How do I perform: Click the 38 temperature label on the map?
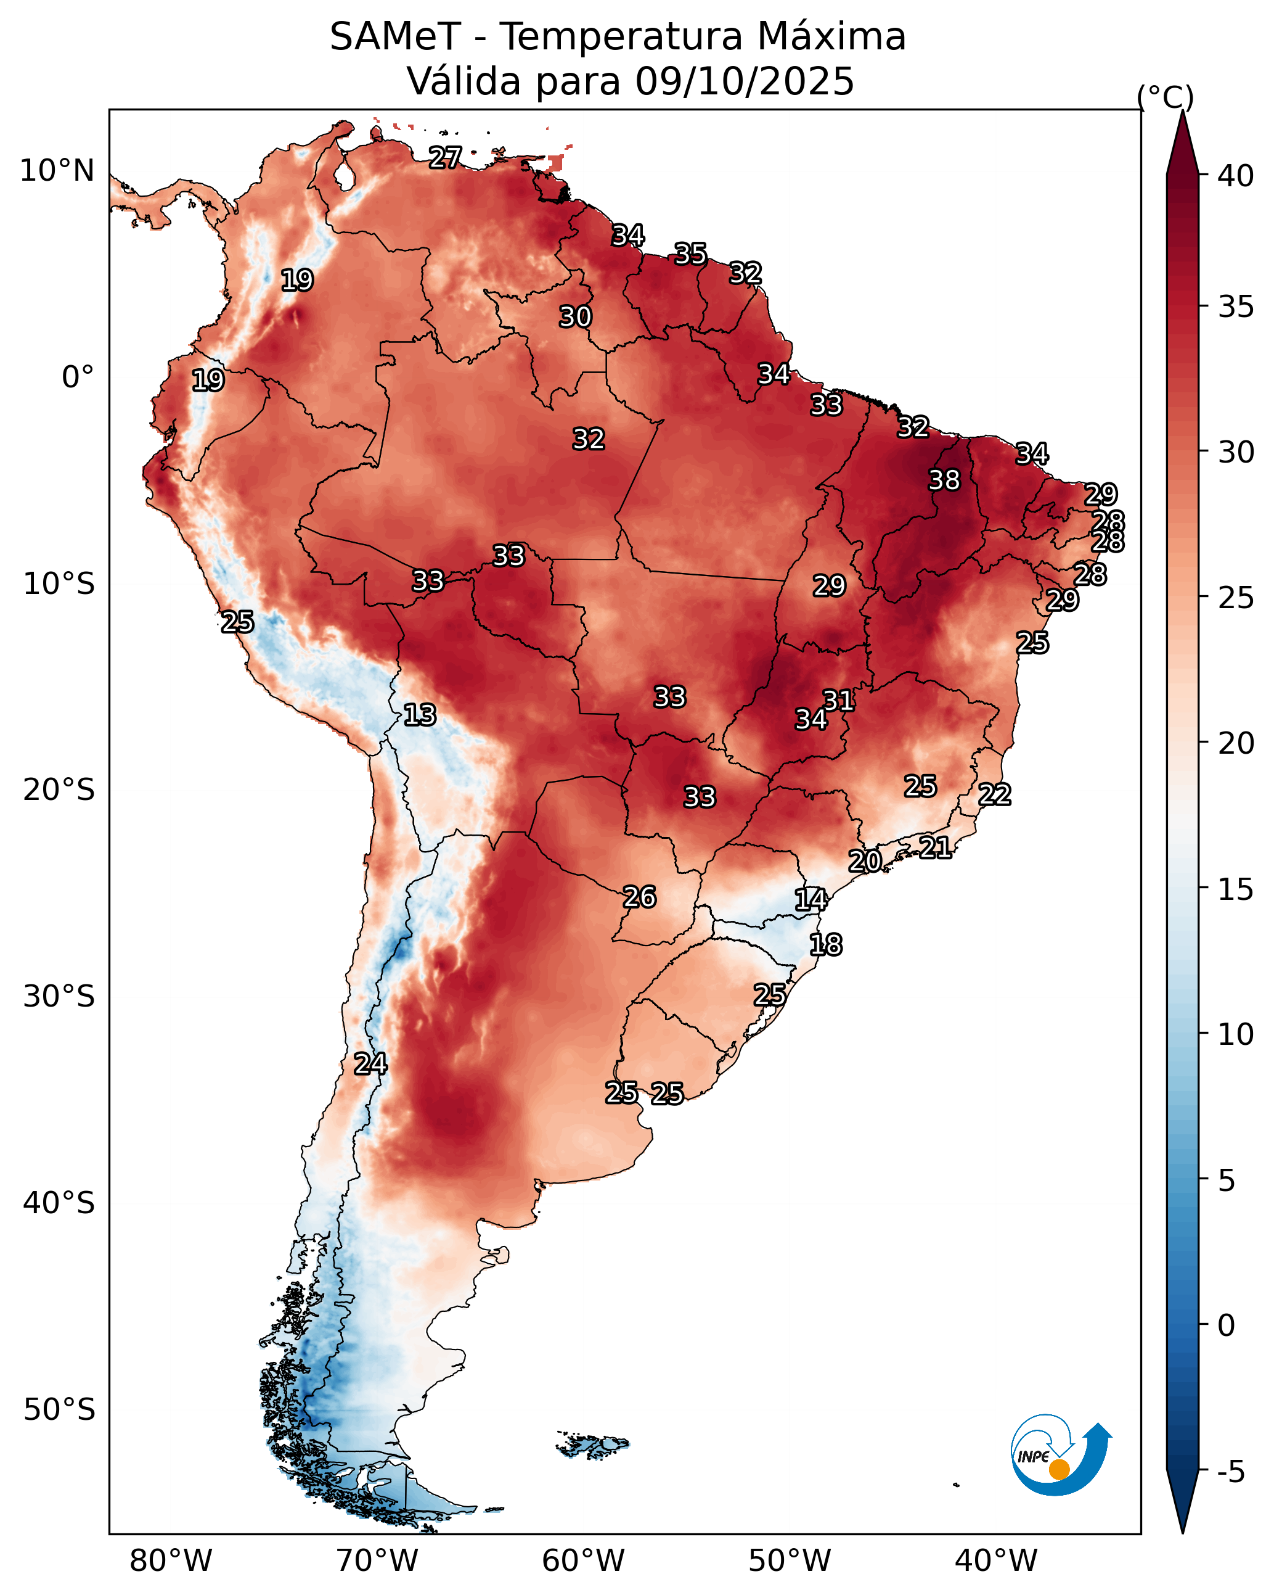pyautogui.click(x=944, y=480)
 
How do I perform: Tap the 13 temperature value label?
pyautogui.click(x=419, y=715)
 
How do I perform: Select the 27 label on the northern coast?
pyautogui.click(x=445, y=157)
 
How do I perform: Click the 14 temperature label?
pyautogui.click(x=811, y=900)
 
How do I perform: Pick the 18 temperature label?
pyautogui.click(x=825, y=945)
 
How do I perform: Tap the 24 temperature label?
pyautogui.click(x=370, y=1064)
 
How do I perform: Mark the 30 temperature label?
pyautogui.click(x=574, y=316)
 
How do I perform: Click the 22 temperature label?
pyautogui.click(x=995, y=794)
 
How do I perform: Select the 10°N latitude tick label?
pyautogui.click(x=57, y=171)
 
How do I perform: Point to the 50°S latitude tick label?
pyautogui.click(x=59, y=1410)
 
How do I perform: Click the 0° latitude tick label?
pyautogui.click(x=78, y=377)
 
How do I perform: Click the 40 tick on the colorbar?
pyautogui.click(x=1236, y=176)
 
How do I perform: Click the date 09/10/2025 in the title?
pyautogui.click(x=745, y=81)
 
